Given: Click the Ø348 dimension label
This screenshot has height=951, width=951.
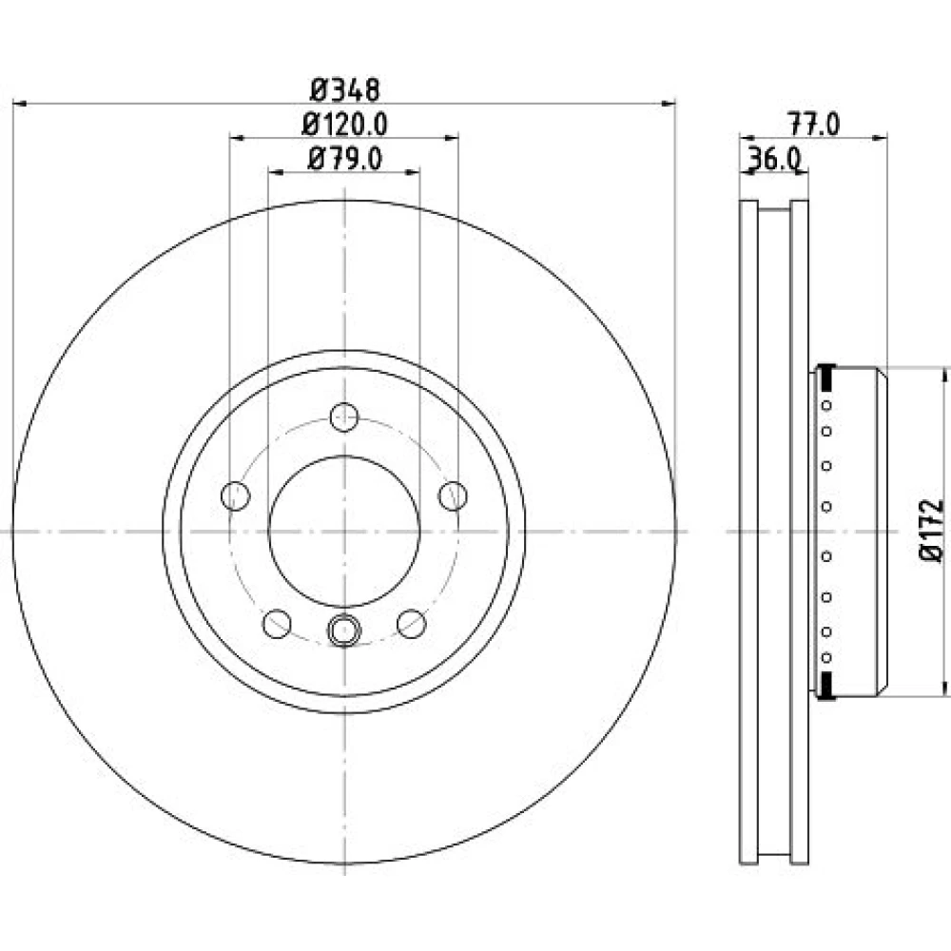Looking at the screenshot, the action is (x=344, y=89).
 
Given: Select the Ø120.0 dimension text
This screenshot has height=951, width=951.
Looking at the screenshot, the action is (x=344, y=125).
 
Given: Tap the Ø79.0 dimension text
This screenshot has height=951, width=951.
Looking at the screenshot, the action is (x=344, y=160).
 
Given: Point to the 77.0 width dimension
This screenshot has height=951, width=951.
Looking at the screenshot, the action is (x=813, y=125).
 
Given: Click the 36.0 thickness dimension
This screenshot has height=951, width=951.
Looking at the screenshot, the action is (x=774, y=160).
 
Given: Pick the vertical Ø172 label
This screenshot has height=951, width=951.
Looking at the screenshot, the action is (x=932, y=531).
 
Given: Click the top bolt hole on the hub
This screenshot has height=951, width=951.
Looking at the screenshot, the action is (x=344, y=417).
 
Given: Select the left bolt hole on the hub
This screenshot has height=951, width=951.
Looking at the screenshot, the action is (x=235, y=496).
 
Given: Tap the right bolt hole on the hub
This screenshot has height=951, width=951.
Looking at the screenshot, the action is (x=453, y=496).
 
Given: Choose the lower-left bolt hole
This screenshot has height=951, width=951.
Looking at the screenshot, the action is (x=277, y=624).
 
